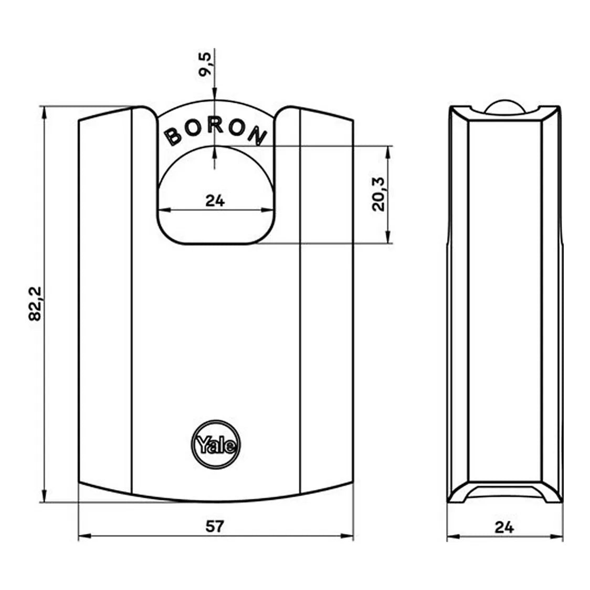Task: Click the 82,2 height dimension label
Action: point(36,303)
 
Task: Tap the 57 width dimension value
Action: point(215,526)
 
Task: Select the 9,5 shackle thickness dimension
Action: point(205,65)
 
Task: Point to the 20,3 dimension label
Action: point(378,194)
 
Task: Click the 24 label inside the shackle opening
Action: point(215,201)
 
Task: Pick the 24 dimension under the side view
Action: point(504,527)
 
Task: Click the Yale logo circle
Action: point(216,445)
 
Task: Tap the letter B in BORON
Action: point(173,136)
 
